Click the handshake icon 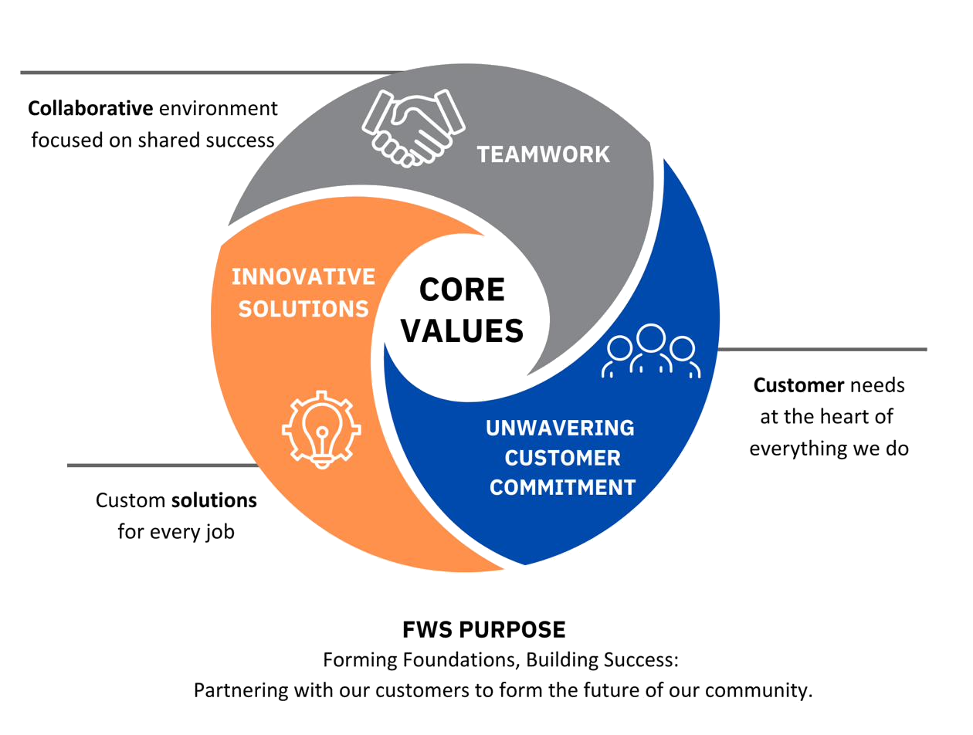tap(412, 128)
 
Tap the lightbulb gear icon tap(321, 429)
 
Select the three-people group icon tap(651, 351)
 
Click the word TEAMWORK tap(543, 154)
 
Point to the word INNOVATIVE tap(303, 277)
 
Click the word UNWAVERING tap(561, 428)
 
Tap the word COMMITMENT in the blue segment tap(562, 487)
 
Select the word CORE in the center tap(462, 290)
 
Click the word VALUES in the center tap(462, 331)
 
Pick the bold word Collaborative tap(90, 109)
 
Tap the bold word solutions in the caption tap(214, 500)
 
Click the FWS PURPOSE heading tap(484, 629)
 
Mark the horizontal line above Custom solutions tap(163, 466)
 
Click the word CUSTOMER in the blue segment tap(562, 458)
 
